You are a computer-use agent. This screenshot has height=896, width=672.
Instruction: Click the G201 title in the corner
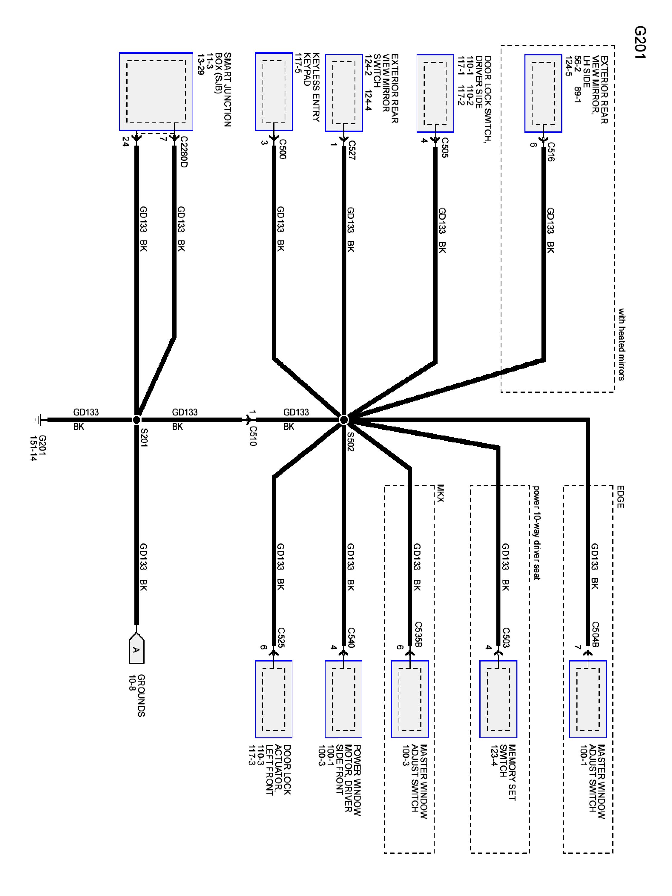point(640,43)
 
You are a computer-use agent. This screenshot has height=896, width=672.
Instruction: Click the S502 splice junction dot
point(343,420)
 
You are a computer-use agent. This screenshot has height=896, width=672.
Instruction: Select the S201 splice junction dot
point(136,420)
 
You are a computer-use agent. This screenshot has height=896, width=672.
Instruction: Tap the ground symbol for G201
point(40,420)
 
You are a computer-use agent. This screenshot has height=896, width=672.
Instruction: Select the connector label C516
point(550,151)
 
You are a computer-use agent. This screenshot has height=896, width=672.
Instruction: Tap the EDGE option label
point(620,497)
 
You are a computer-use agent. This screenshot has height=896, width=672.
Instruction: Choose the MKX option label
point(441,493)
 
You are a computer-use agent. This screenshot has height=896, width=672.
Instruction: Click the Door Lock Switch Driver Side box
point(435,93)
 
